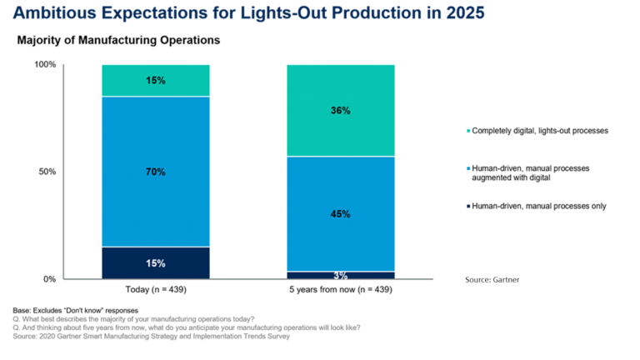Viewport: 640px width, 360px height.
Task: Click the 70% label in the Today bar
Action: (156, 172)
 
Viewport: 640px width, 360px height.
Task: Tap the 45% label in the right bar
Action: (340, 214)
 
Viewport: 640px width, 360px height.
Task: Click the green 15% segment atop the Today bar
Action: (156, 81)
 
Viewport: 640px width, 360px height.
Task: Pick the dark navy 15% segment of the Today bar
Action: (156, 263)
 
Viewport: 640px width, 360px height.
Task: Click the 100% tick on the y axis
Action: (44, 65)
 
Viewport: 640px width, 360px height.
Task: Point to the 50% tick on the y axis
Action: (47, 172)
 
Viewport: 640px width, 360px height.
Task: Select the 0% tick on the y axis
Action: (48, 279)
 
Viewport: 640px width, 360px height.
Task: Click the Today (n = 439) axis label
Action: (156, 291)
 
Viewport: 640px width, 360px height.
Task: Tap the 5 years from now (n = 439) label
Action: (340, 291)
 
